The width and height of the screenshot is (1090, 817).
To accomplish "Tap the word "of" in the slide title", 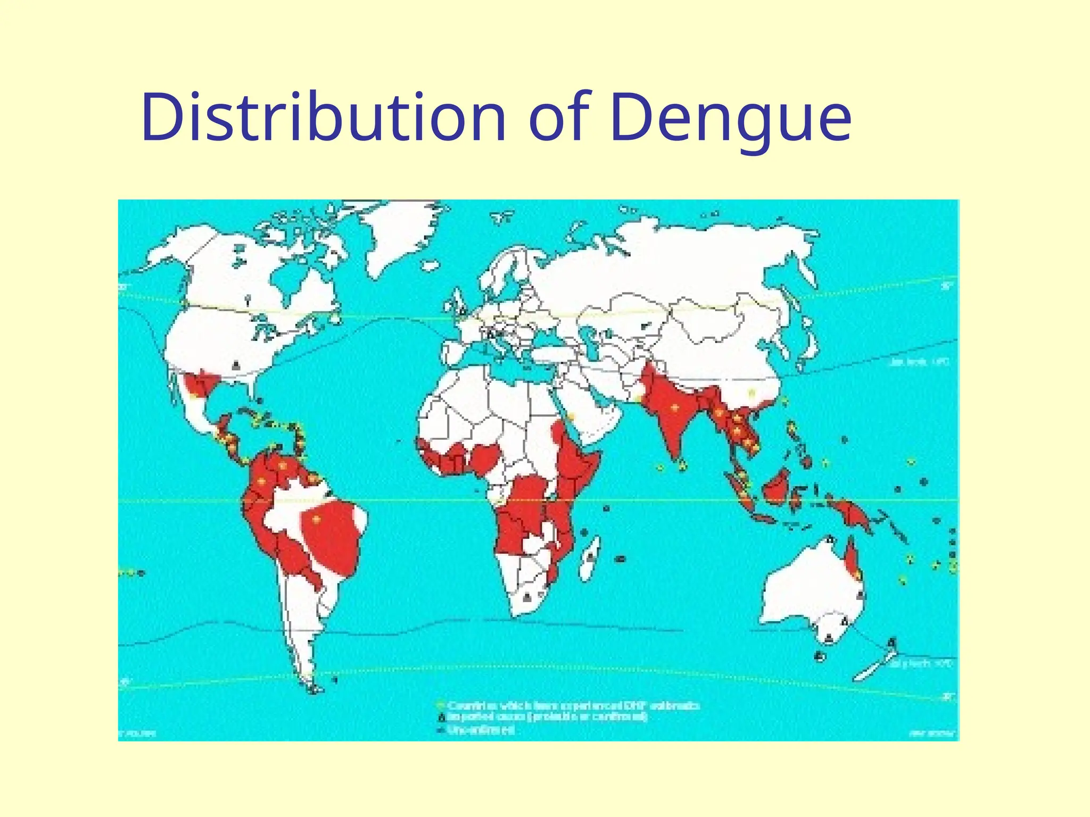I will click(x=559, y=118).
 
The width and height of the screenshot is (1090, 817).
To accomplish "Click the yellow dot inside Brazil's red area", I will click(x=317, y=519).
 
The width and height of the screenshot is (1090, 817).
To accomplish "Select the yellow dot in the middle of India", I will click(x=675, y=408).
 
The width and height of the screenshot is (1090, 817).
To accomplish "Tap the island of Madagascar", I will click(x=589, y=558).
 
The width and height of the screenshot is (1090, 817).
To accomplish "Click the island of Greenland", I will click(x=404, y=234).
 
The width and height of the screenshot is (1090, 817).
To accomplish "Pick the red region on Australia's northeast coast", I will click(x=852, y=558).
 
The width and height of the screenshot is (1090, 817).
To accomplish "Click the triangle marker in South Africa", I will click(x=527, y=597).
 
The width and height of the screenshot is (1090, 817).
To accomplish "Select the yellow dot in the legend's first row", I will click(x=440, y=705).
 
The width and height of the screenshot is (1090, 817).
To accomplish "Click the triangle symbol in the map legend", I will click(x=440, y=718).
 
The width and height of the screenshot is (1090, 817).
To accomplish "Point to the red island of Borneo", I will click(x=776, y=488).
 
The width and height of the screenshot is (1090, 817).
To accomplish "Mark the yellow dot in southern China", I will click(x=751, y=394).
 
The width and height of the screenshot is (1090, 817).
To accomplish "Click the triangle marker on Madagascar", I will click(x=590, y=557).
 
